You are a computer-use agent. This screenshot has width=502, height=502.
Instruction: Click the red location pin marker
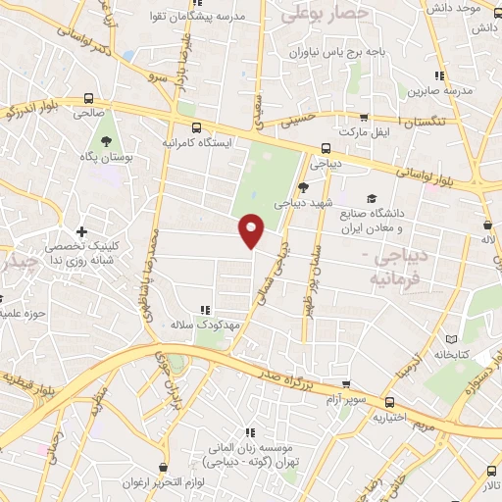[x=253, y=230]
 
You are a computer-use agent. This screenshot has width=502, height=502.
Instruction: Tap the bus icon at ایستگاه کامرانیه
[x=196, y=127]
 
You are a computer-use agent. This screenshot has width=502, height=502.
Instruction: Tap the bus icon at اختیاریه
[x=389, y=402]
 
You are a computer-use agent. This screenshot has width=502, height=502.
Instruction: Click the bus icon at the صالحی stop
[x=89, y=99]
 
